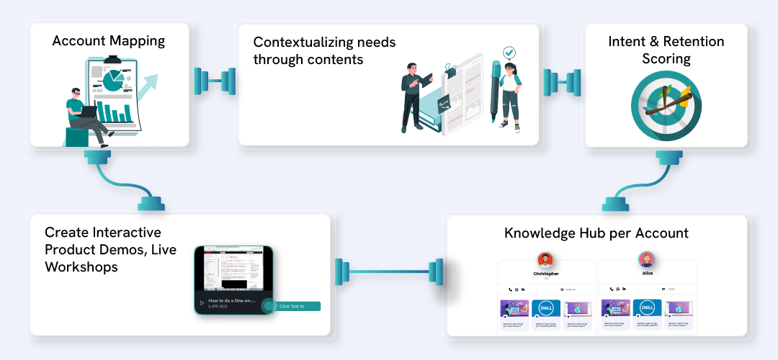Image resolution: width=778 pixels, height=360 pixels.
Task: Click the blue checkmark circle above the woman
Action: (x=510, y=53)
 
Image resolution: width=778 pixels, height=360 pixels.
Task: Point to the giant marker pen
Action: (x=496, y=90)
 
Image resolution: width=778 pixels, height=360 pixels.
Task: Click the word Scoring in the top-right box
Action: (x=667, y=58)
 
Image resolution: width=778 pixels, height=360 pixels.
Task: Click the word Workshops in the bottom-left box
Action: (x=81, y=267)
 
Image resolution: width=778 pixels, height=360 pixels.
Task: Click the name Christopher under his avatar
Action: (x=545, y=274)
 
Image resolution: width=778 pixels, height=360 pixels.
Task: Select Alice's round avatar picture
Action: (x=646, y=259)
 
